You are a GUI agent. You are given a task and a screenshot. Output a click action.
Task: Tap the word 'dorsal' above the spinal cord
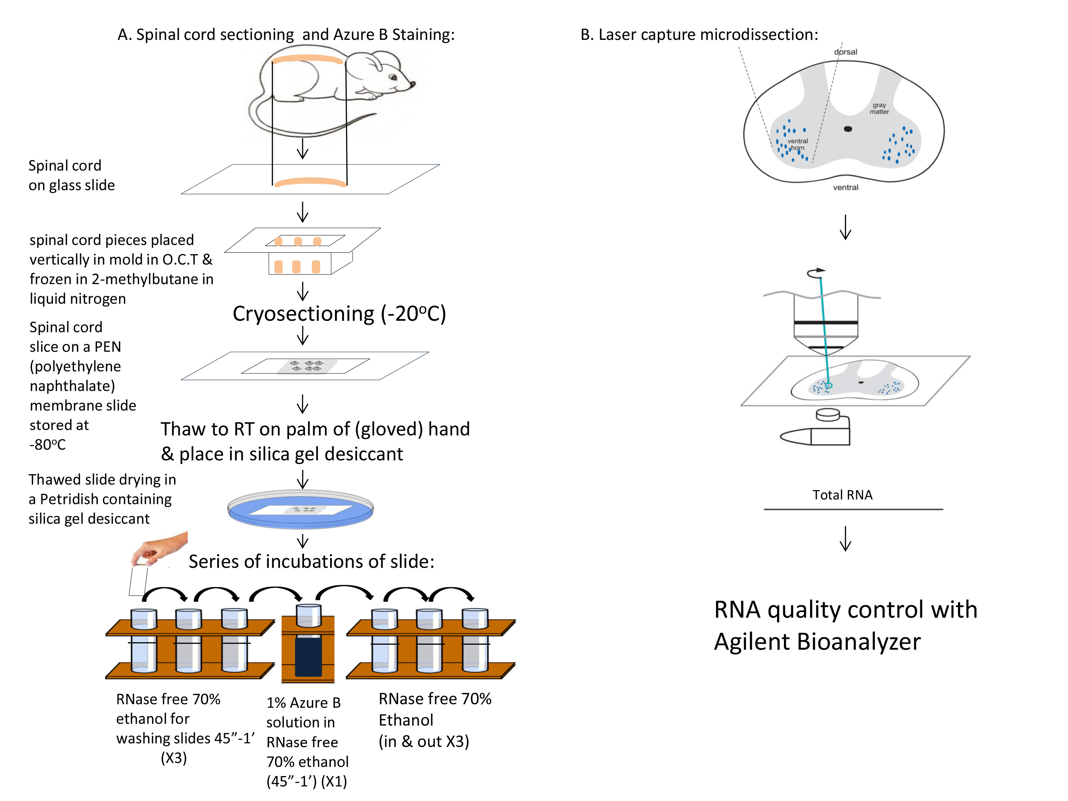[845, 52]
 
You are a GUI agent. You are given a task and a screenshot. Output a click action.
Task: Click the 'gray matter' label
[879, 108]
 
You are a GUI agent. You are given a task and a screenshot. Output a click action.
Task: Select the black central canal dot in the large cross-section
[848, 129]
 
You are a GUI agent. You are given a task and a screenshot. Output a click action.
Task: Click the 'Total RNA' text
[843, 495]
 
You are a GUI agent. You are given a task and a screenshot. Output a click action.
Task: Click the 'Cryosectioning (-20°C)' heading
[339, 314]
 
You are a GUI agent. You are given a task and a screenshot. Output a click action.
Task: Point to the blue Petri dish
[300, 509]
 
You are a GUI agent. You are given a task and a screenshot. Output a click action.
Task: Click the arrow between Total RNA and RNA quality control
[845, 538]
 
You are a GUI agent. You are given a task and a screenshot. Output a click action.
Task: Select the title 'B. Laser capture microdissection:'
[699, 35]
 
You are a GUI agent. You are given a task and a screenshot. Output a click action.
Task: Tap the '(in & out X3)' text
[424, 741]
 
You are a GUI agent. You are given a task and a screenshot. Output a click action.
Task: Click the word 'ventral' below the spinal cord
[845, 187]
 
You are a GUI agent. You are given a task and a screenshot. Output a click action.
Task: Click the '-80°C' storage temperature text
[47, 444]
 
